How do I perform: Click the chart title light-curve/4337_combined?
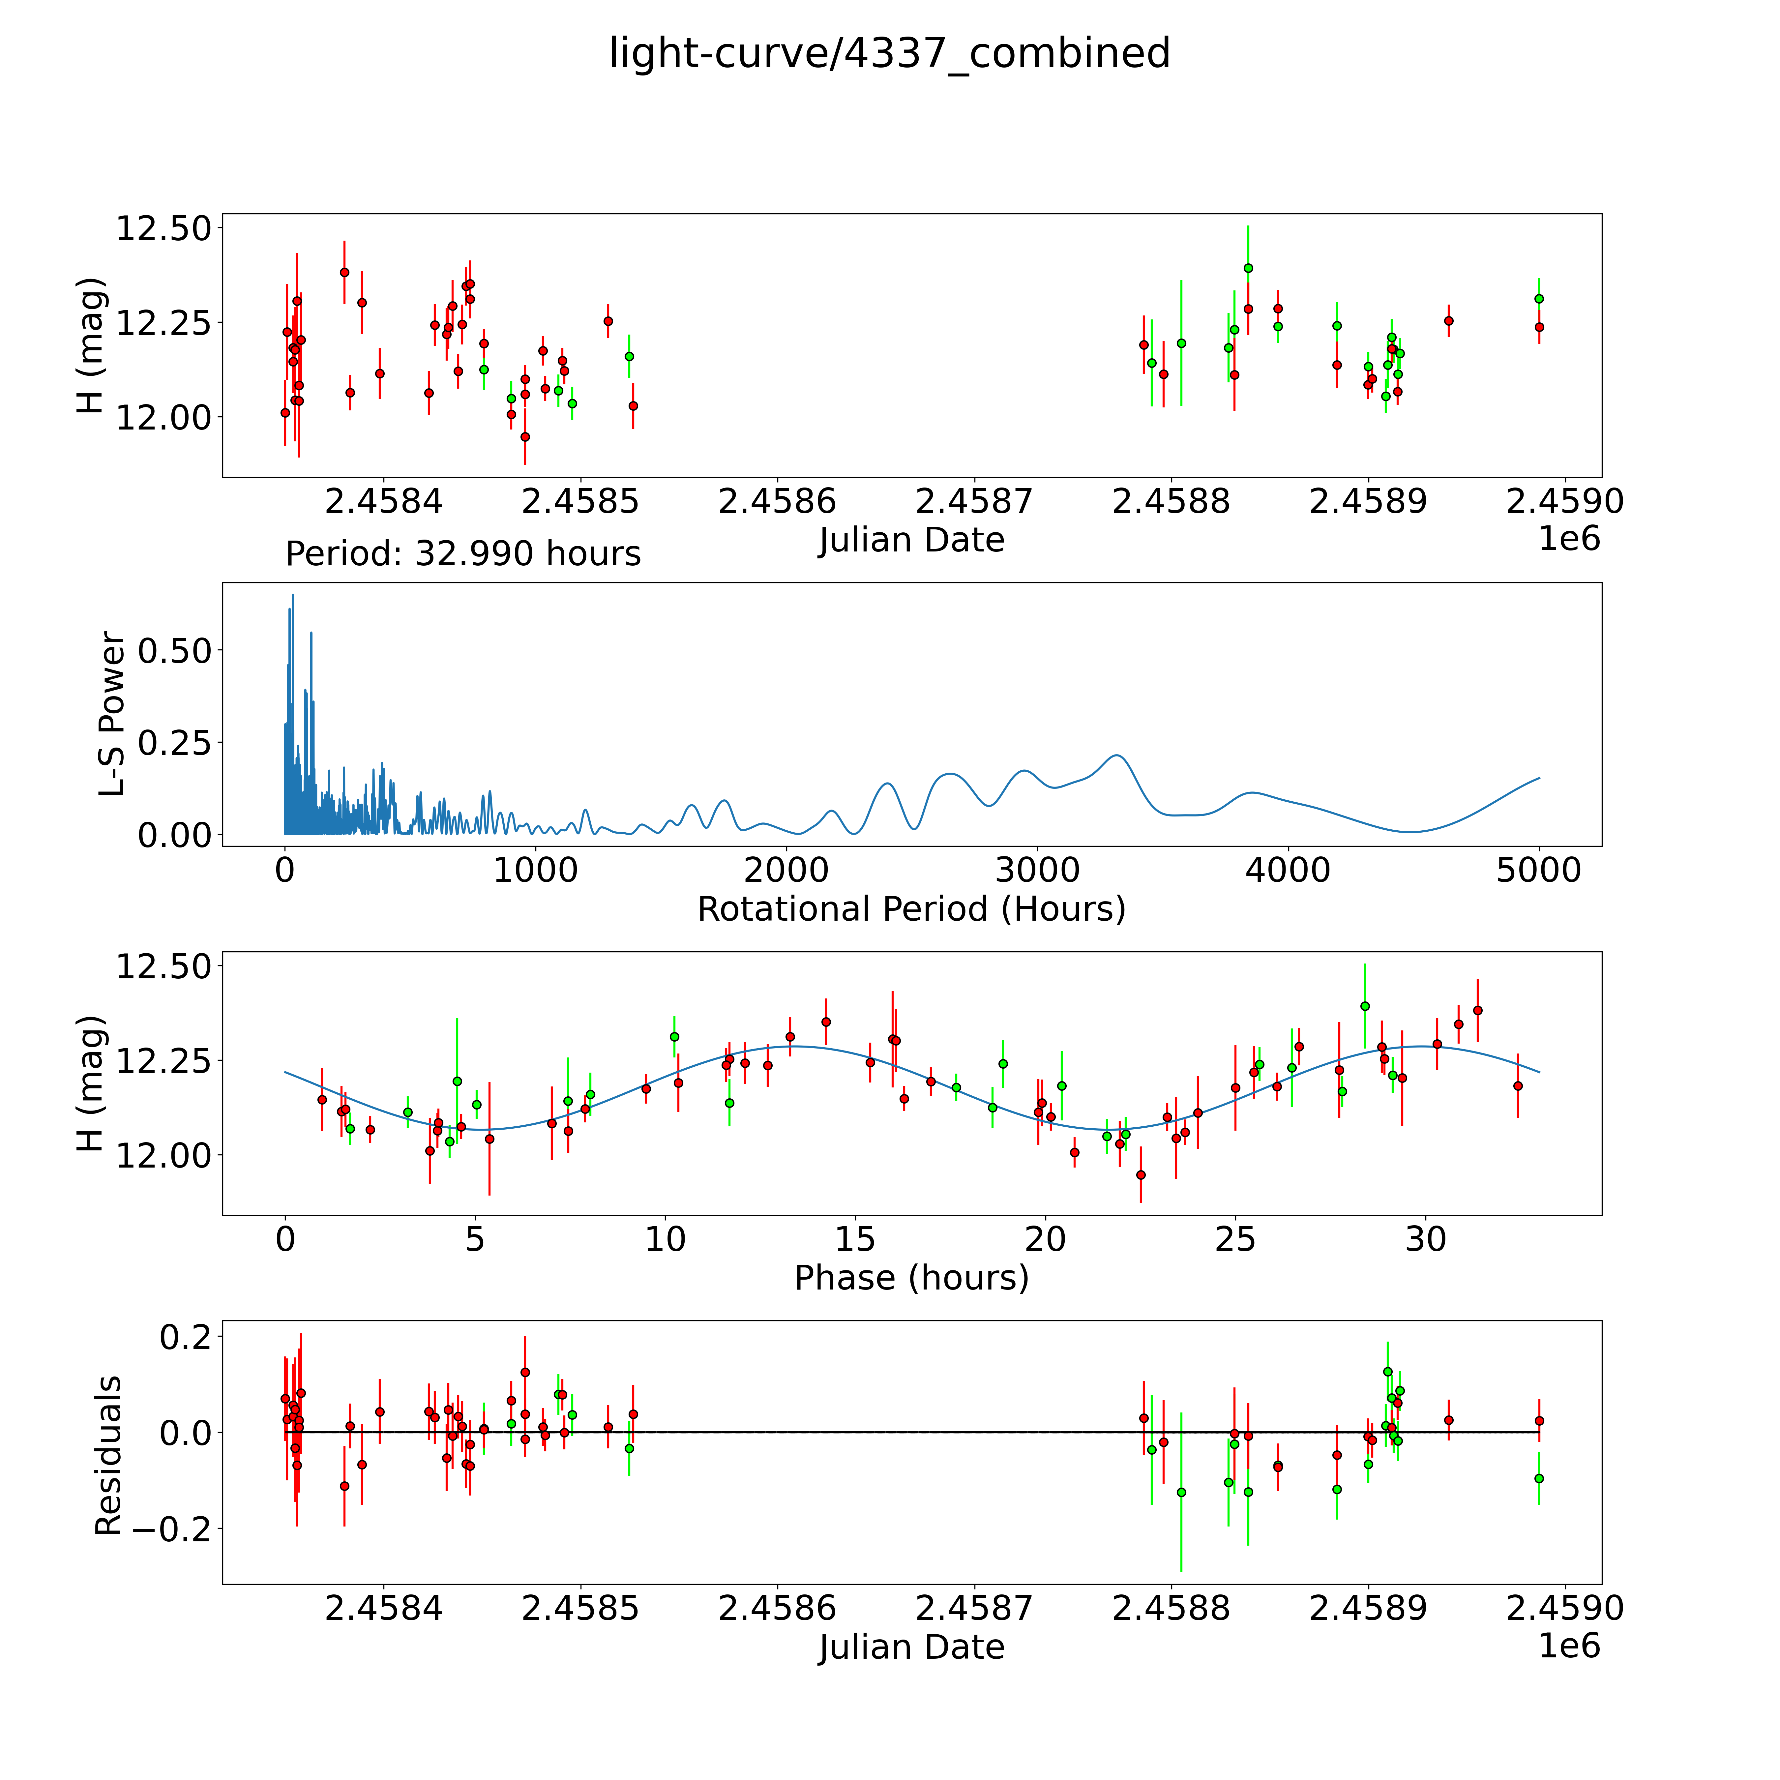(889, 53)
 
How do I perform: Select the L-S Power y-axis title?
(112, 714)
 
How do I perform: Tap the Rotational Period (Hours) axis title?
(911, 909)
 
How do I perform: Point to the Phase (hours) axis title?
(911, 1278)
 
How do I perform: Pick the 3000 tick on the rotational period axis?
(1037, 871)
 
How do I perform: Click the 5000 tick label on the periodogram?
(1539, 871)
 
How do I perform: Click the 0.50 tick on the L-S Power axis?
(175, 650)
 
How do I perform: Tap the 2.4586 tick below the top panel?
(777, 502)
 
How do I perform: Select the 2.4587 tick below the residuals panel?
(974, 1608)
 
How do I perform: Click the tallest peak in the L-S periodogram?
(293, 595)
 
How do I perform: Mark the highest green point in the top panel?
(1248, 268)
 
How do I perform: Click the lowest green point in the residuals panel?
(1181, 1492)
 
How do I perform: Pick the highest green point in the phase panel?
(1364, 1006)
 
